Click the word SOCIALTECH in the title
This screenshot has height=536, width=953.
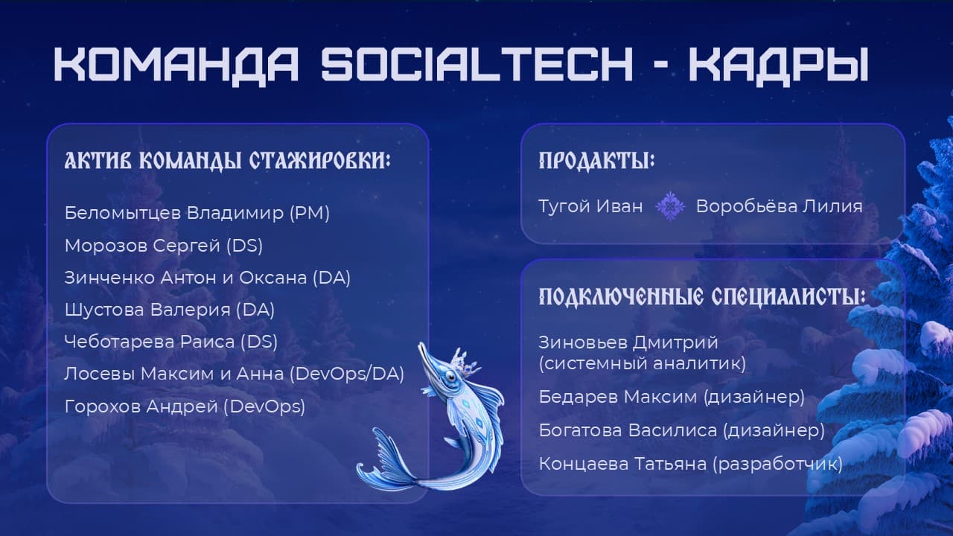477,64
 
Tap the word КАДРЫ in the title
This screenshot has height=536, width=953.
779,65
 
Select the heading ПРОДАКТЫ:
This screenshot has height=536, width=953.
596,161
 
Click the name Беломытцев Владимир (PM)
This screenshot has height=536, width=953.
197,213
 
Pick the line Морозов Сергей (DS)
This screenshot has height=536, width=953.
164,246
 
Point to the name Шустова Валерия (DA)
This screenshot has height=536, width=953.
170,310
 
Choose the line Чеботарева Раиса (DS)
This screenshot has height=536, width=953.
171,342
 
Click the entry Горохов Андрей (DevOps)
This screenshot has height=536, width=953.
185,406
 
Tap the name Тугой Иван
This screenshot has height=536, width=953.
590,207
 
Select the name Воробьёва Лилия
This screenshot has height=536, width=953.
779,206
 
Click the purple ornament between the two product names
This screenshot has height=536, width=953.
670,206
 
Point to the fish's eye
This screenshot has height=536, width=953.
450,376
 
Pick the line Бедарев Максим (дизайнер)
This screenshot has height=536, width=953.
672,397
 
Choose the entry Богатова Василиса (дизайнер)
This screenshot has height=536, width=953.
681,430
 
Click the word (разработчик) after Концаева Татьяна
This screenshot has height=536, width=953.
778,464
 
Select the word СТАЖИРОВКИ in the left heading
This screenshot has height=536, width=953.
320,161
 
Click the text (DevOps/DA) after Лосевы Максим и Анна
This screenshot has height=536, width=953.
347,374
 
